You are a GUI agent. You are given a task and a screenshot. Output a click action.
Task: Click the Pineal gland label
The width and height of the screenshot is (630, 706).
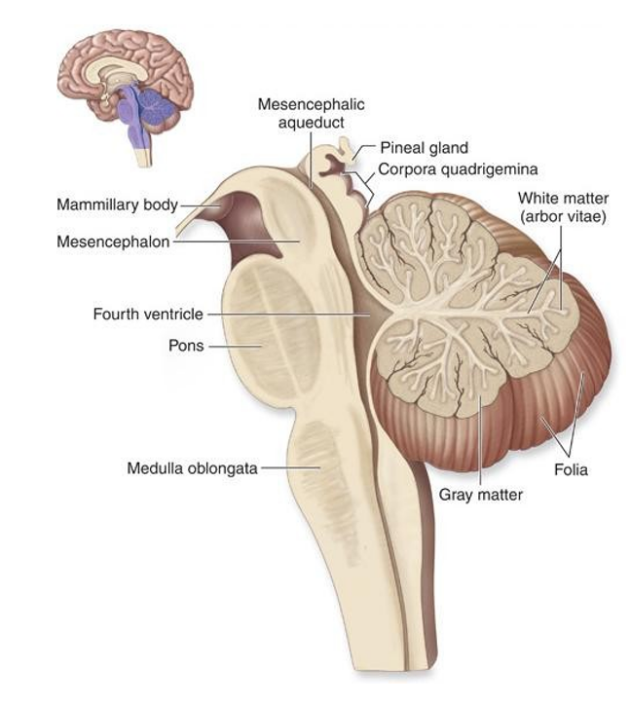tap(425, 148)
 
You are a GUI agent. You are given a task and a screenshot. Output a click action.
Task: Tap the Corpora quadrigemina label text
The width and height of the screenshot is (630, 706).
tap(458, 169)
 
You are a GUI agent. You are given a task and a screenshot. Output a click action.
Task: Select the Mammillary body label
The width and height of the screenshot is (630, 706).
tap(117, 204)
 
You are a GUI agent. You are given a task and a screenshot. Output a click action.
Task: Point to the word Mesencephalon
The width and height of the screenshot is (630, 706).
tap(113, 242)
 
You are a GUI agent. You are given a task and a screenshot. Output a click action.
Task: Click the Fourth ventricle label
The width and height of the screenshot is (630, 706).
tap(148, 314)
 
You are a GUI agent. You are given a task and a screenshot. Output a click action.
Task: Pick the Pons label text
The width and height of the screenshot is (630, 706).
tap(186, 346)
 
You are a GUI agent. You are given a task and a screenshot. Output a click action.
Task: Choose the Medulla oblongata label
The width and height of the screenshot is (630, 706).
tap(192, 468)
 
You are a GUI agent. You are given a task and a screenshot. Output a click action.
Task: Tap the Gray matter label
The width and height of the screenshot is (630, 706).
tap(480, 495)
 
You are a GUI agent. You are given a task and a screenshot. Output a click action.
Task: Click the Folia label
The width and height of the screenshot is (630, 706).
tap(571, 470)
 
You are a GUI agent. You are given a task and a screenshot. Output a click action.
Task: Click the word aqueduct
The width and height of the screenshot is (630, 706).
tap(311, 123)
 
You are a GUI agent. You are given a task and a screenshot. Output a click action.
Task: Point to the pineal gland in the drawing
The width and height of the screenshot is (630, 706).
tap(347, 150)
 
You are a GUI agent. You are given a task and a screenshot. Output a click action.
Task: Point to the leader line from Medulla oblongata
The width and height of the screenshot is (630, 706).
tap(291, 467)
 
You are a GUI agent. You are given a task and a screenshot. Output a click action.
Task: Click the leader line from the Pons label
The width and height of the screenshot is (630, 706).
tap(235, 347)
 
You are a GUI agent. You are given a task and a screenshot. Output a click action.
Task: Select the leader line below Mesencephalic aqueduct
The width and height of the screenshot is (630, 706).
tap(311, 160)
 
